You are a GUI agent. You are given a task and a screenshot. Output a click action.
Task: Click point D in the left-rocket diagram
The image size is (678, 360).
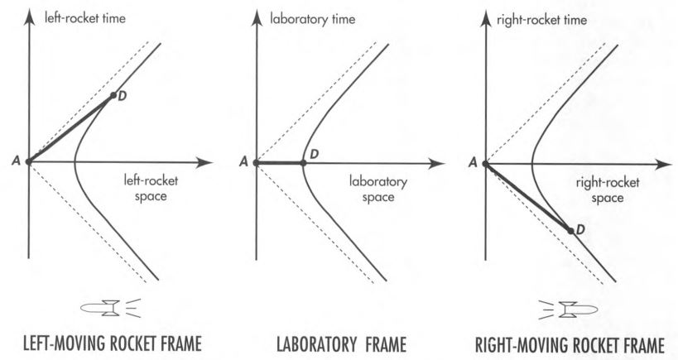tap(113, 96)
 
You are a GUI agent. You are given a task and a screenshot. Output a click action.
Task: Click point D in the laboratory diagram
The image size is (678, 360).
tap(303, 163)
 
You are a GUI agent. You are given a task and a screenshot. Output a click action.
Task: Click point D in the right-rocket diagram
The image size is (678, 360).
tap(571, 229)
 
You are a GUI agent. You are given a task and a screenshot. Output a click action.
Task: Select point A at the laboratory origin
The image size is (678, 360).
tap(256, 163)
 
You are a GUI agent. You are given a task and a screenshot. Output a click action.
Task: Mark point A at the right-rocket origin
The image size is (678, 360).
tap(483, 163)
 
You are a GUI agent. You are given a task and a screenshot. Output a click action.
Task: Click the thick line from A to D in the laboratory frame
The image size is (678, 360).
tap(279, 163)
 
